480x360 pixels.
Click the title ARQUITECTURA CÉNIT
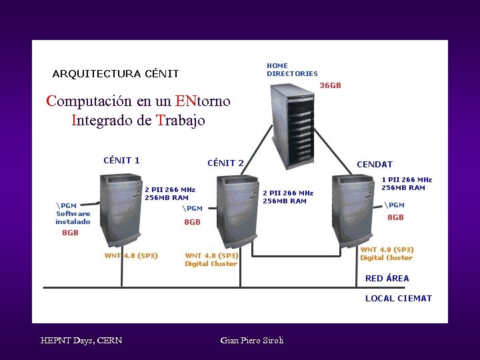tap(115, 74)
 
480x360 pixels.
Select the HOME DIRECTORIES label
tap(292, 69)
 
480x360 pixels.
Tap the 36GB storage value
tap(330, 86)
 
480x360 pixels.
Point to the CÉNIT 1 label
tap(121, 160)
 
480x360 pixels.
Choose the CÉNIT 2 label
tap(225, 163)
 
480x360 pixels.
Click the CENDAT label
tap(374, 164)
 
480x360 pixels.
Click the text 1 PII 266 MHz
tap(407, 179)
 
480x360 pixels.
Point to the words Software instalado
tap(73, 217)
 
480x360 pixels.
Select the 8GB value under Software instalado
tap(70, 233)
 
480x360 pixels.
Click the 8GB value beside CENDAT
tap(395, 217)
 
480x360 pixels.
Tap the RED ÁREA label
tap(387, 279)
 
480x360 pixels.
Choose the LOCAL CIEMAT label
tap(398, 299)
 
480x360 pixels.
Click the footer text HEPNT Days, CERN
tap(81, 341)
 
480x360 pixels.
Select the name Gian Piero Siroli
tap(251, 341)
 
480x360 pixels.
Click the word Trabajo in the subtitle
tap(181, 121)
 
